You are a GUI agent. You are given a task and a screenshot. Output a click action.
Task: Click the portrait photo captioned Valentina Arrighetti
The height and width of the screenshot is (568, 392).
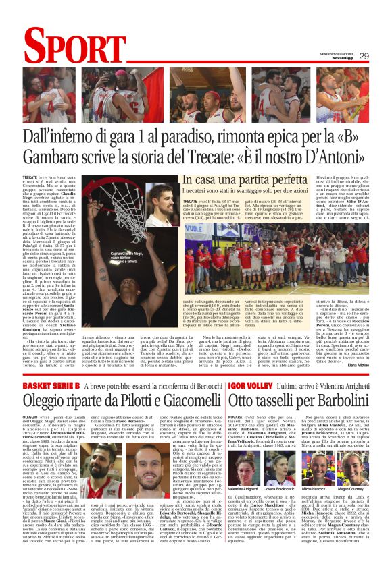[242, 469]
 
